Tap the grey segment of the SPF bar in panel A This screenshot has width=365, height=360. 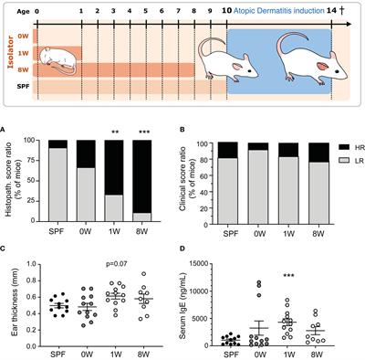(x=57, y=183)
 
